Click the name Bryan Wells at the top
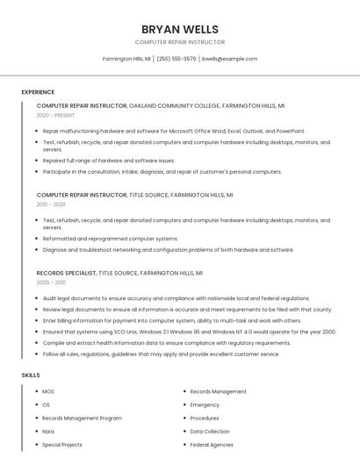(179, 29)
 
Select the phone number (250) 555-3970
(176, 59)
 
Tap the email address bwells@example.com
(229, 59)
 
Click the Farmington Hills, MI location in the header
(126, 59)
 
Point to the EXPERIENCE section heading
(38, 92)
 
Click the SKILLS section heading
(31, 376)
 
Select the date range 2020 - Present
(55, 115)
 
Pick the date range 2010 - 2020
(51, 204)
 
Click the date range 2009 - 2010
(51, 283)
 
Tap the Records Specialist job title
(67, 273)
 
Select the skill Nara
(48, 432)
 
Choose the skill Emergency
(205, 405)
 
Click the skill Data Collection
(210, 432)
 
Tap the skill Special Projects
(61, 445)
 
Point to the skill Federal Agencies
(212, 445)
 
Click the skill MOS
(48, 391)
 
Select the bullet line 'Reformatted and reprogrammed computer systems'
(111, 239)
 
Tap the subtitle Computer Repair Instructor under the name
(179, 42)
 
